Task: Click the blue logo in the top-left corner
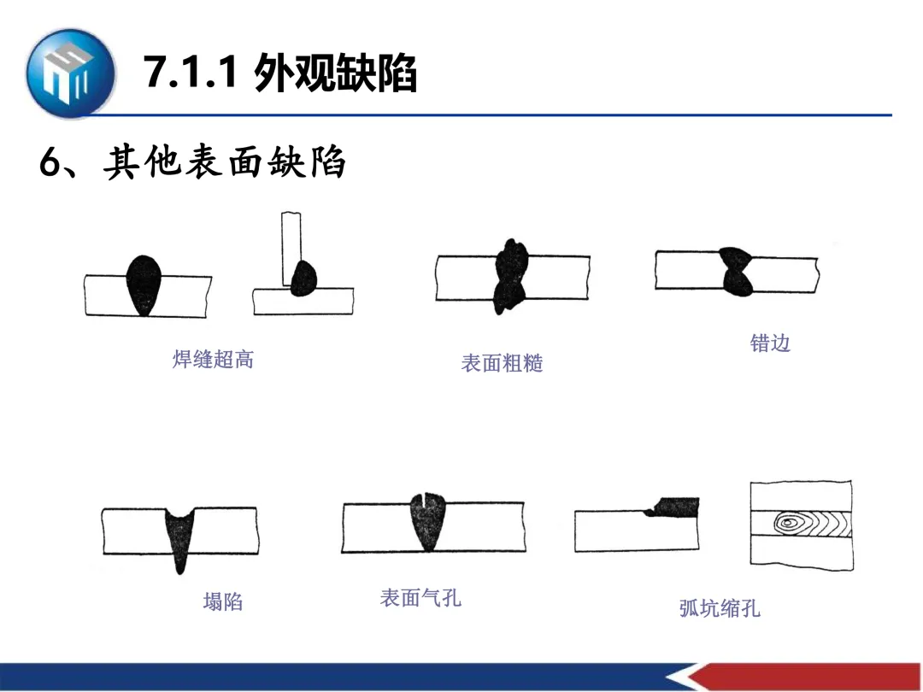(x=69, y=73)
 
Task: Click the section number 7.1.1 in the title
(x=190, y=73)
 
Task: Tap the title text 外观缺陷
(x=335, y=73)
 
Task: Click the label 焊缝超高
(x=213, y=359)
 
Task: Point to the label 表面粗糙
(x=502, y=363)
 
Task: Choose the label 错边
(x=770, y=343)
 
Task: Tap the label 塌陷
(x=222, y=601)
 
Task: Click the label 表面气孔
(x=420, y=597)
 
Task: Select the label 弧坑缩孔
(x=720, y=608)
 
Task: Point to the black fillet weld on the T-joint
(x=303, y=279)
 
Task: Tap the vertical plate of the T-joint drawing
(x=291, y=243)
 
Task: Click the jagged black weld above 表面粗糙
(x=510, y=275)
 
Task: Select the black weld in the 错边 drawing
(x=736, y=271)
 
